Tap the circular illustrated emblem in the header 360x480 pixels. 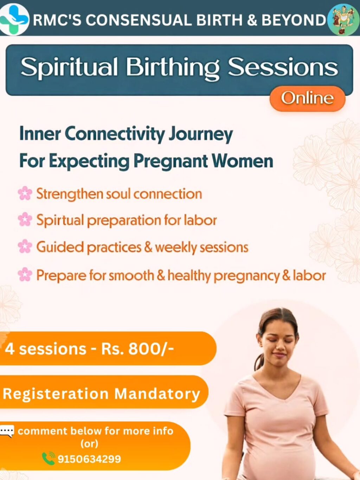point(343,20)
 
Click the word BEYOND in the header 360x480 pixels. point(294,20)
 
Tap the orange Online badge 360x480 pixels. point(307,98)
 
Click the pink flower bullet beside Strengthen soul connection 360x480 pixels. point(25,193)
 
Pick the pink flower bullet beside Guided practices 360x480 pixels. point(25,246)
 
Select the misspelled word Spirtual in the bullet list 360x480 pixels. point(60,220)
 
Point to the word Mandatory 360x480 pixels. point(157,394)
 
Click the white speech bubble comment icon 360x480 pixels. point(7,431)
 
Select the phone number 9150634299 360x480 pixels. point(89,459)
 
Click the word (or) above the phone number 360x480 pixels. point(89,444)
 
